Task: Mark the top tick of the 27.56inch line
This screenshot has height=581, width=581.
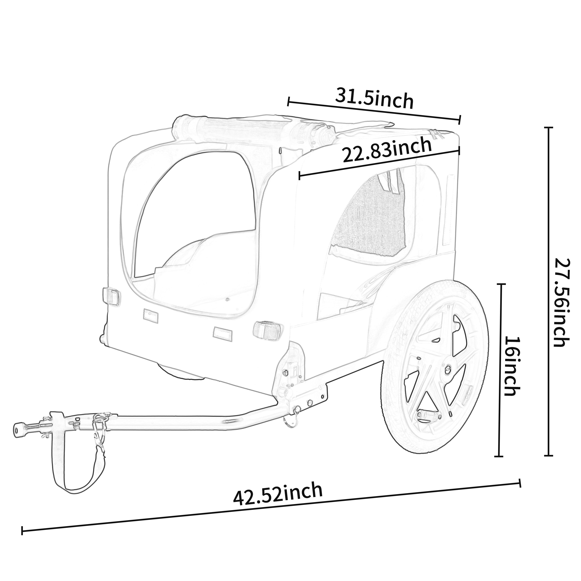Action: tap(549, 128)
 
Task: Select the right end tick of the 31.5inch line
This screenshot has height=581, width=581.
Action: tap(460, 119)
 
